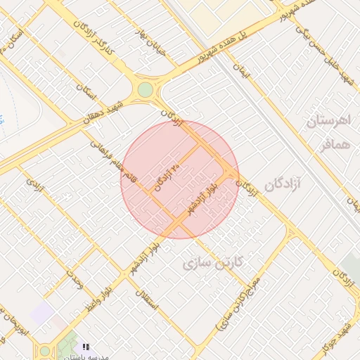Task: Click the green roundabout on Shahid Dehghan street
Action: click(145, 90)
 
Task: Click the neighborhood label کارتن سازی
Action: click(212, 264)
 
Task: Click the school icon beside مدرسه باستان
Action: click(86, 347)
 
